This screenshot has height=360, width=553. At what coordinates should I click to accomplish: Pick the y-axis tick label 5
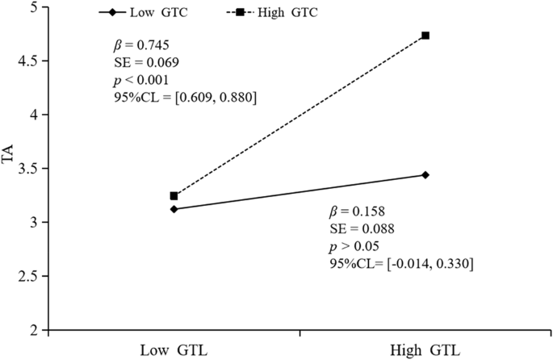[33, 7]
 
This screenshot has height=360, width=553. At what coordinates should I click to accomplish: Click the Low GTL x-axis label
[174, 350]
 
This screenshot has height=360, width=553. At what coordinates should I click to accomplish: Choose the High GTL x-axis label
[425, 350]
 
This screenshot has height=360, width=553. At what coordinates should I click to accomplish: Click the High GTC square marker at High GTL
[425, 36]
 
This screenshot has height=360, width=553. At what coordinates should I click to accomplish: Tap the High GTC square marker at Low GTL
[174, 196]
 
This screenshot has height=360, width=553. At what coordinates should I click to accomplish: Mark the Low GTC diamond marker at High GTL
[425, 175]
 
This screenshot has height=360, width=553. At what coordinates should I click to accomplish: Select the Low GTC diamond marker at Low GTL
[174, 209]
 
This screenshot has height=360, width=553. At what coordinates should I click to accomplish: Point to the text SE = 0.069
[146, 62]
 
